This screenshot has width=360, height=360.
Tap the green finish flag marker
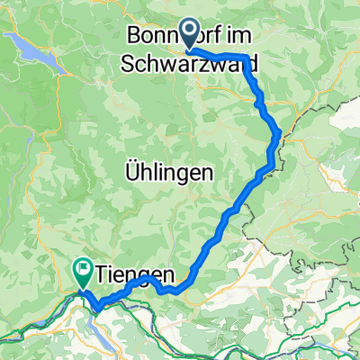point(83,267)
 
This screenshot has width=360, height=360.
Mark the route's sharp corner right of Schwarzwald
point(246,58)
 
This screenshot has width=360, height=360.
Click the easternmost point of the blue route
point(282,135)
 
